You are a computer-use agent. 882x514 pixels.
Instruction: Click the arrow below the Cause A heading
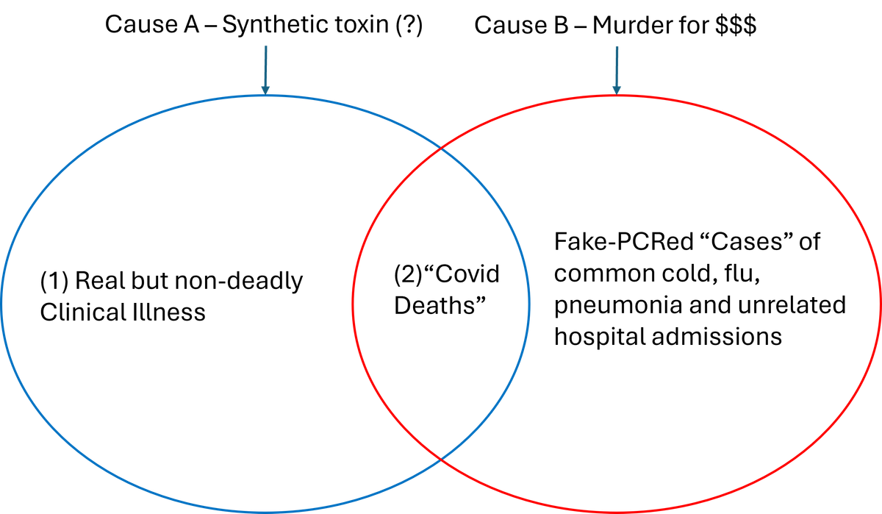pyautogui.click(x=265, y=70)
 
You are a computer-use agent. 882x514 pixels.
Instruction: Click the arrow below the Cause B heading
pyautogui.click(x=617, y=71)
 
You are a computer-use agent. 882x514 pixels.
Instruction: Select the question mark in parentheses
pyautogui.click(x=409, y=25)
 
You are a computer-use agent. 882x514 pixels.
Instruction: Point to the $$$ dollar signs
pyautogui.click(x=736, y=26)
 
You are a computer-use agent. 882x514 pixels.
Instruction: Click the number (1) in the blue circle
pyautogui.click(x=54, y=281)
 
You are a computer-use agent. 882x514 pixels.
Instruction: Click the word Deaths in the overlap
pyautogui.click(x=440, y=305)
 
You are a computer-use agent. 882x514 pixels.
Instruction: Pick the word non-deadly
pyautogui.click(x=239, y=281)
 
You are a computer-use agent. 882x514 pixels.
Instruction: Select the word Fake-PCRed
pyautogui.click(x=624, y=241)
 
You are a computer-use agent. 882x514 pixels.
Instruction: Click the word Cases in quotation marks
pyautogui.click(x=745, y=241)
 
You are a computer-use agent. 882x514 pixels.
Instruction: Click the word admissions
pyautogui.click(x=717, y=337)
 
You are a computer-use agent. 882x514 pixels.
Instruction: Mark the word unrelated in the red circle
pyautogui.click(x=792, y=305)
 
